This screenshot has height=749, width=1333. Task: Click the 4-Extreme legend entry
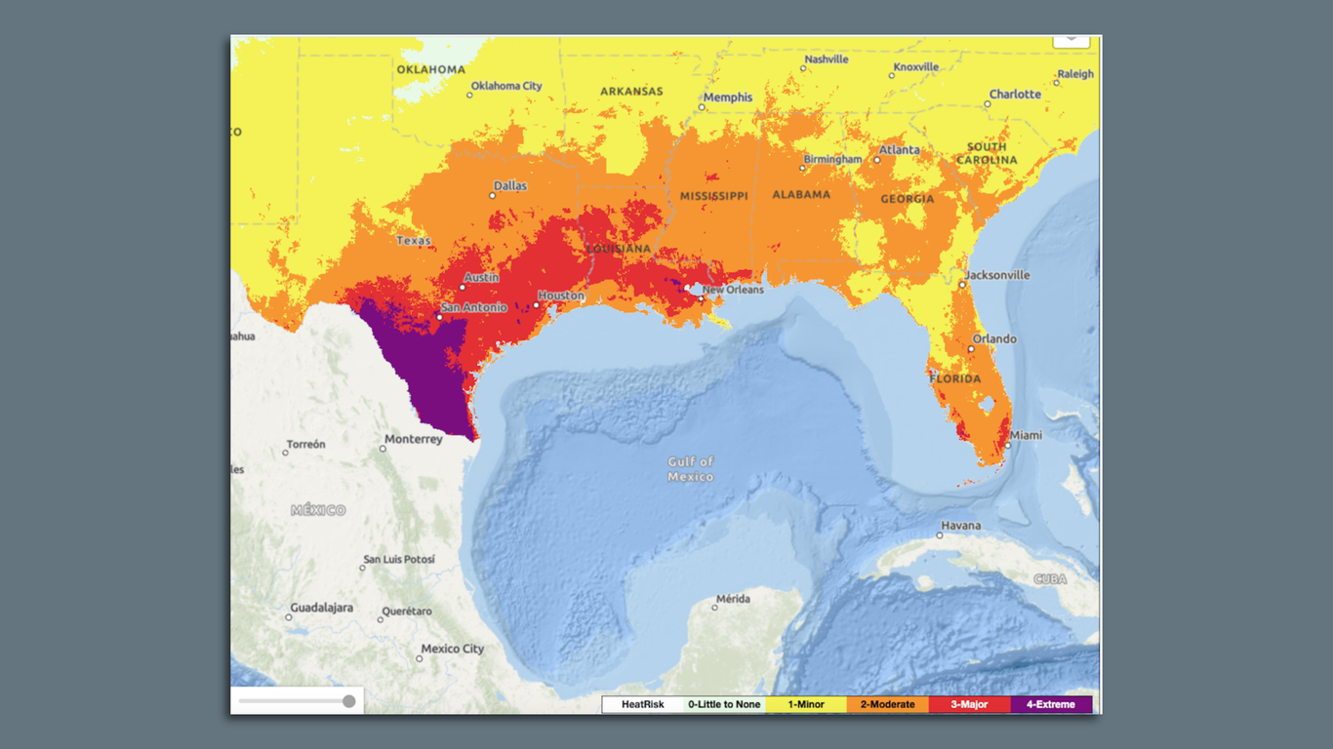click(x=1051, y=704)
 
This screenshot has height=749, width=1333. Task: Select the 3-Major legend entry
click(x=970, y=704)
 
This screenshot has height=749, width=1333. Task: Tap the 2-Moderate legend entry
click(x=887, y=704)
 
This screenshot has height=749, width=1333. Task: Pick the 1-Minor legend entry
click(x=806, y=704)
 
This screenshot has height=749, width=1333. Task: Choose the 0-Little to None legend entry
click(x=723, y=704)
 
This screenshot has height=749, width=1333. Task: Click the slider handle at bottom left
click(x=348, y=701)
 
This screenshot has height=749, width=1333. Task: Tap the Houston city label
click(x=561, y=296)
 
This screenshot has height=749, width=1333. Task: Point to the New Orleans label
click(x=733, y=290)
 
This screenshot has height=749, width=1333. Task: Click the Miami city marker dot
click(x=1008, y=446)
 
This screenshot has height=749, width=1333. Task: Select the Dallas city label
click(x=509, y=186)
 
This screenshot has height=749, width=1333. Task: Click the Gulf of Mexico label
click(x=691, y=469)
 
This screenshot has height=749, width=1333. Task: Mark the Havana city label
click(x=960, y=526)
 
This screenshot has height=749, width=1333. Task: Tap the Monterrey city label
click(x=414, y=439)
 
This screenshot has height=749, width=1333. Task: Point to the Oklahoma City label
click(x=505, y=86)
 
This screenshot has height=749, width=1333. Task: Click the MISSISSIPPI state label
click(x=713, y=196)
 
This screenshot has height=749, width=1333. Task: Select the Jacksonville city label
click(x=997, y=275)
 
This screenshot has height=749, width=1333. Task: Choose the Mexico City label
click(x=452, y=649)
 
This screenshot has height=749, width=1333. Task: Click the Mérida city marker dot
click(x=714, y=608)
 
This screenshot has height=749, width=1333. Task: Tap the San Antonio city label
click(x=474, y=307)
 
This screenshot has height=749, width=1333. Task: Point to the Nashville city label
click(x=826, y=59)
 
